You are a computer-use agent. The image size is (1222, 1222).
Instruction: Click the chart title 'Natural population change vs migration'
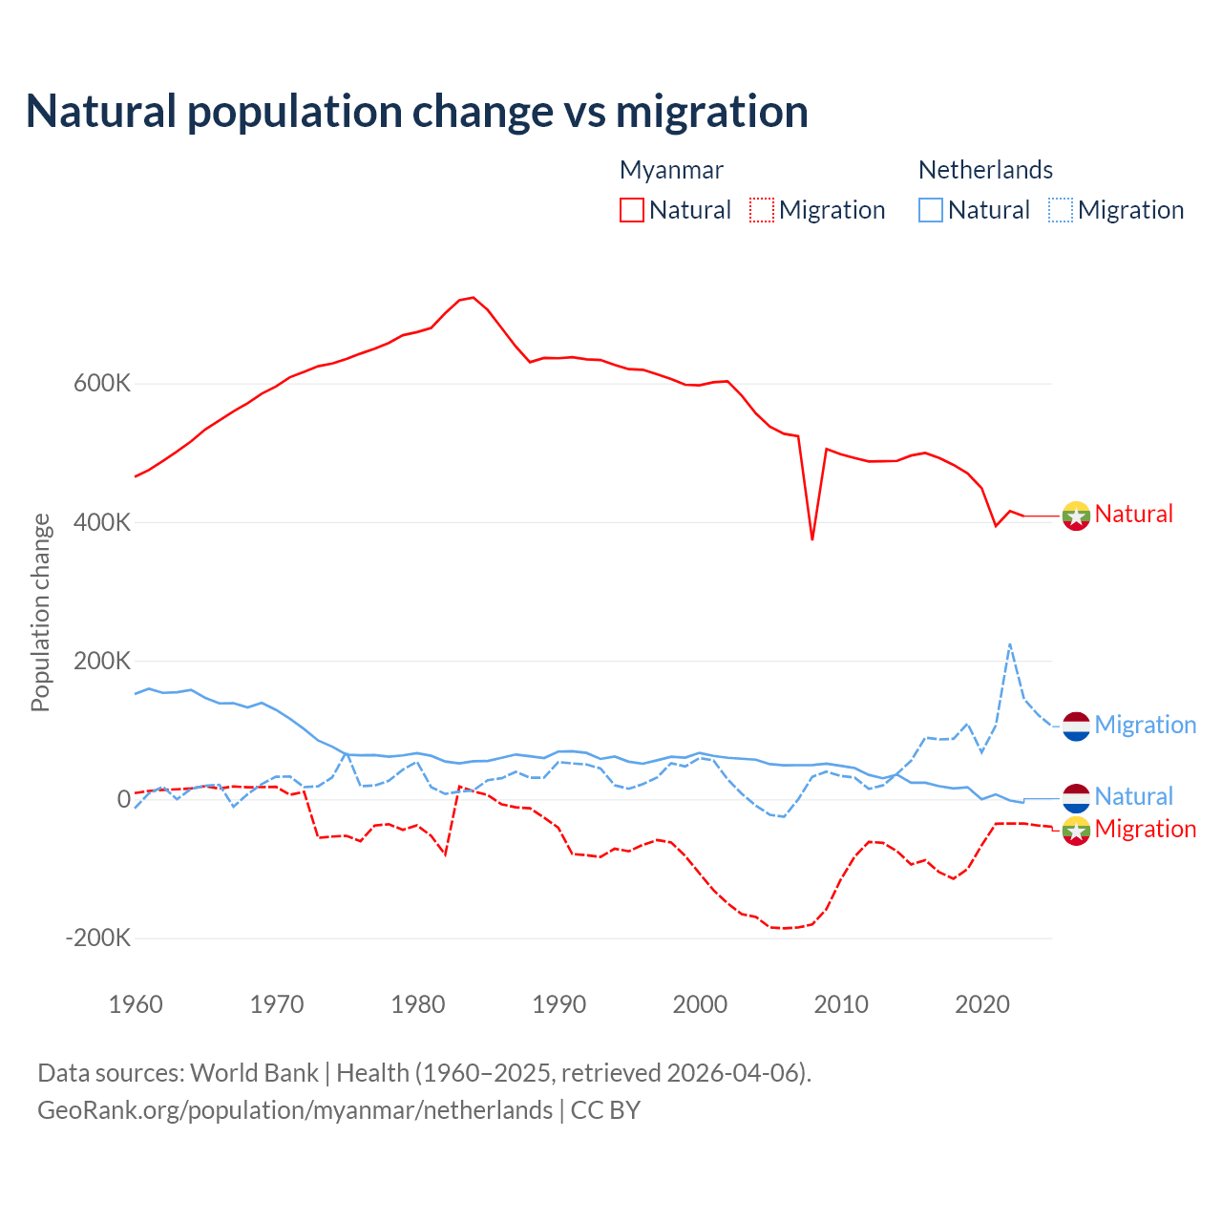click(416, 112)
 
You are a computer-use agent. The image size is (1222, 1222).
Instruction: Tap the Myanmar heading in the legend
click(671, 170)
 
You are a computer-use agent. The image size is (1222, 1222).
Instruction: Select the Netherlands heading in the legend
click(985, 170)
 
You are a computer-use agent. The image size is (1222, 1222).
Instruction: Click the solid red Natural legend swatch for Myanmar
click(632, 210)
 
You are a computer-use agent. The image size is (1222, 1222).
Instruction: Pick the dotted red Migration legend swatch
click(762, 210)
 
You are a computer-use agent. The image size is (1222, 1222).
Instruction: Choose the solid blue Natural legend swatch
click(931, 210)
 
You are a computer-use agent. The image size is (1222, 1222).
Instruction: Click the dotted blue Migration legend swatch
click(1061, 210)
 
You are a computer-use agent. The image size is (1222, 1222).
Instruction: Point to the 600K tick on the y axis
click(101, 384)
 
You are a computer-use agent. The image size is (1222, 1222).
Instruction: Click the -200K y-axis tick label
click(97, 938)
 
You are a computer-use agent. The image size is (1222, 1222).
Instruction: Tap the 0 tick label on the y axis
click(123, 800)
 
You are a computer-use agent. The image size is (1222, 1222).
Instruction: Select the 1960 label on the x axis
click(136, 1004)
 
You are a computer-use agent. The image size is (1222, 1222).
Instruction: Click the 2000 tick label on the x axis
click(700, 1004)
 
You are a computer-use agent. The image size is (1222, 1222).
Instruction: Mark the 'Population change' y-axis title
click(40, 612)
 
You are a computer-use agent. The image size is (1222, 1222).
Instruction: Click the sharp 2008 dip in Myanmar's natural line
click(812, 539)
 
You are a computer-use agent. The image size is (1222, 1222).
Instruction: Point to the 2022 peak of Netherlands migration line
click(1010, 644)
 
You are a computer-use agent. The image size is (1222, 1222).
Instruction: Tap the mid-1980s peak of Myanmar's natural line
click(473, 298)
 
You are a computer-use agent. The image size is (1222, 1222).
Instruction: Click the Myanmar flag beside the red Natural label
click(1076, 516)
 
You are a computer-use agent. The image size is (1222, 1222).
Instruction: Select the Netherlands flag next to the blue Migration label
click(1076, 726)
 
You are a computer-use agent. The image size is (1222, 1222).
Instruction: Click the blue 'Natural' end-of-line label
click(1133, 796)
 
